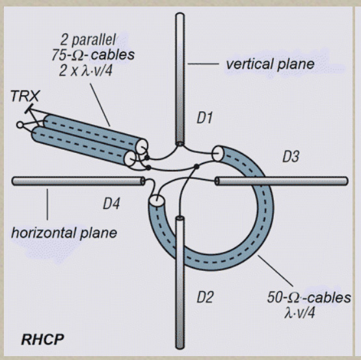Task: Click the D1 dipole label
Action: [204, 118]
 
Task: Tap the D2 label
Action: [205, 297]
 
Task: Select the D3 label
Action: [291, 156]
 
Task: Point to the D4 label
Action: [111, 204]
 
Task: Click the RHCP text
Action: [42, 339]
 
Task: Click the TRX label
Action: [25, 96]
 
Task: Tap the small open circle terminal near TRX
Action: [20, 125]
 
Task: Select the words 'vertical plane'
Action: [270, 64]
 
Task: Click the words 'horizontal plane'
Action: [64, 232]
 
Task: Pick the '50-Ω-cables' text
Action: [309, 298]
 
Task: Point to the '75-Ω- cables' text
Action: [93, 55]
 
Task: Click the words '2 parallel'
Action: [88, 40]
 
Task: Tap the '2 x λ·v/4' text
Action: [86, 70]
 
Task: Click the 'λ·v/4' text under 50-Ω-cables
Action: [299, 312]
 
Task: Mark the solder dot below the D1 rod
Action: [196, 166]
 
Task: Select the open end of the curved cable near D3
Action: [217, 153]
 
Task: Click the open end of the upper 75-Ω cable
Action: [142, 146]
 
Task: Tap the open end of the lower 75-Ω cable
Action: [130, 159]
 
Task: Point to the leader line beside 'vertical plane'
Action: [203, 64]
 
